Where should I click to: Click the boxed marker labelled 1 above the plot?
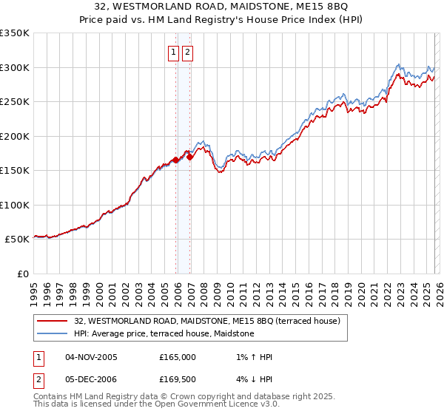(x=172, y=52)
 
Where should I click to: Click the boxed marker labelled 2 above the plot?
(x=186, y=52)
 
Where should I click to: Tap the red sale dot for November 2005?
(x=176, y=160)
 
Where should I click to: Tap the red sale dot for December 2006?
(x=190, y=157)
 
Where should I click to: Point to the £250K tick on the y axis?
(x=15, y=102)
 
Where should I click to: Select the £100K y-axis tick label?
(x=15, y=205)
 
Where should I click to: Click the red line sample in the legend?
(x=53, y=321)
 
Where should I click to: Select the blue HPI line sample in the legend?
(x=53, y=333)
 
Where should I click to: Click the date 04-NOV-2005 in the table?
(x=91, y=357)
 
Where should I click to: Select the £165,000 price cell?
(x=177, y=357)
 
